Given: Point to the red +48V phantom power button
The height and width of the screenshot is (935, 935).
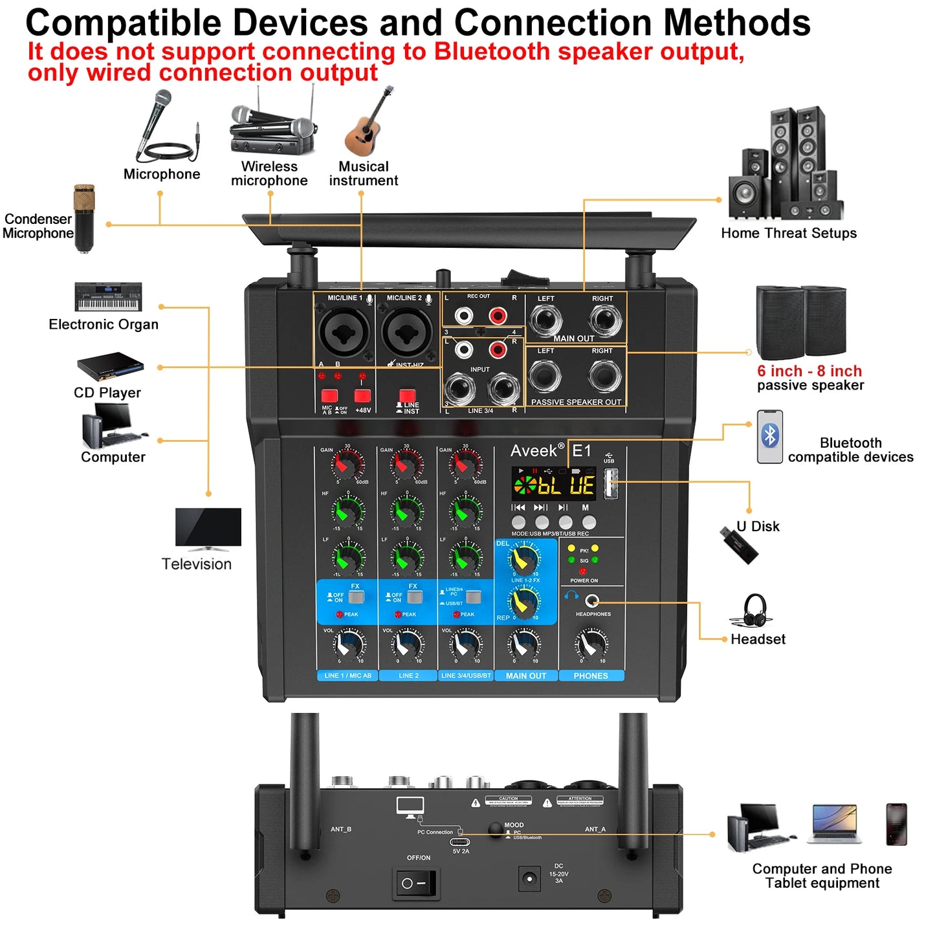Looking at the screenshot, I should coord(362,395).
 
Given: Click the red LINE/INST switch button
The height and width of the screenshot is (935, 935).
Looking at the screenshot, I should coord(407,395).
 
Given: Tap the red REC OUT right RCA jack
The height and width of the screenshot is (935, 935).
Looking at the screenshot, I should coord(497,316).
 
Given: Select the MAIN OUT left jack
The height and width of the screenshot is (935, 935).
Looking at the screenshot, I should coord(545,319).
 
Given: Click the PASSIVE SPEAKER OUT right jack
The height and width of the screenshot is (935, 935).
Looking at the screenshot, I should coord(604,376).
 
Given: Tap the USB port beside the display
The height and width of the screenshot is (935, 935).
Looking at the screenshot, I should coord(610,483).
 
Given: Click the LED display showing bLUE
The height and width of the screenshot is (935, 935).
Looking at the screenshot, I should coord(554,484).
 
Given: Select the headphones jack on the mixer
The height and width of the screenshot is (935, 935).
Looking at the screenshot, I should coord(591,600).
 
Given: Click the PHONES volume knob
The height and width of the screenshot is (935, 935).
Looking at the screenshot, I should coord(591,644).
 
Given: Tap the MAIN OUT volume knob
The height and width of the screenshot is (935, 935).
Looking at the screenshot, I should coord(523,644).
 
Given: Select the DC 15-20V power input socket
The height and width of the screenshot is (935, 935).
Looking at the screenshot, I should coord(529,879).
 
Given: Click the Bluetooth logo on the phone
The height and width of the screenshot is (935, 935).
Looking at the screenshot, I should coord(769,435).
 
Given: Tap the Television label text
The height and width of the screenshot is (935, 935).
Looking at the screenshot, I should coord(196,564).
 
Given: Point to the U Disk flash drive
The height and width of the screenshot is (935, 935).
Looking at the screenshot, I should coord(739,545).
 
